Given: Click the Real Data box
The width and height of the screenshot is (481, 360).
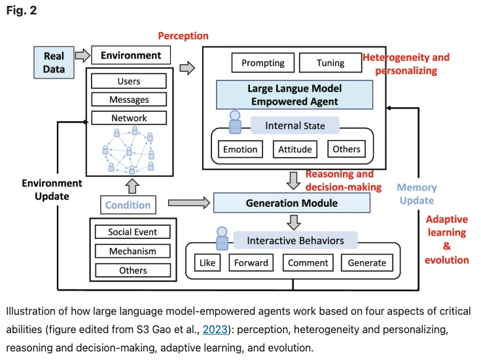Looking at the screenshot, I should (x=54, y=62).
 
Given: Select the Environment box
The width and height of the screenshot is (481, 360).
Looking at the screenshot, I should (x=131, y=56).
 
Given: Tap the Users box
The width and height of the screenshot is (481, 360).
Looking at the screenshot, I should (x=129, y=82).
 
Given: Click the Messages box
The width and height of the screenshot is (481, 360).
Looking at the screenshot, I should (x=129, y=99).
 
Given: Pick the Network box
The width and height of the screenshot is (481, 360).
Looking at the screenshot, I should (x=129, y=118).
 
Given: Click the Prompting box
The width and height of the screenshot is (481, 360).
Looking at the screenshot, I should (x=262, y=63).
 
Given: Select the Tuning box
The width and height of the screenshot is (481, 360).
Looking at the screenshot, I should (x=330, y=63).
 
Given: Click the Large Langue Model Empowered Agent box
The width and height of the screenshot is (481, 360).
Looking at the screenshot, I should (x=294, y=95).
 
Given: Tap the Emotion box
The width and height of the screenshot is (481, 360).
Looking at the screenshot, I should (x=240, y=149).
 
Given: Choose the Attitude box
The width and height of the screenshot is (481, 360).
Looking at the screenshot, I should (x=294, y=149).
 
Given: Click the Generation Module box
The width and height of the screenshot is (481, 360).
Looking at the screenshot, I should (x=292, y=203).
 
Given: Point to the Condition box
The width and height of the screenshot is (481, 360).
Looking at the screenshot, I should (x=128, y=205).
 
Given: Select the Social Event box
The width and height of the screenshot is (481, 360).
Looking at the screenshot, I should (x=133, y=232).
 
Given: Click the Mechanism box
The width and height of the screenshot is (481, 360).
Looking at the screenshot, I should (x=133, y=251).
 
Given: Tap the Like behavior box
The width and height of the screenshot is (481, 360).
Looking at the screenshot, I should (x=207, y=262).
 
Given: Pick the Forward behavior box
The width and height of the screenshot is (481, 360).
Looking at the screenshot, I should (x=251, y=262).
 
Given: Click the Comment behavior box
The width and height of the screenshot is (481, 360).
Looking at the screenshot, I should (x=308, y=262).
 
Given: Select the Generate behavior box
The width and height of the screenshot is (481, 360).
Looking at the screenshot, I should (x=367, y=262).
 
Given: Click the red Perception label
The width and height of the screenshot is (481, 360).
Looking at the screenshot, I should (x=183, y=36).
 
